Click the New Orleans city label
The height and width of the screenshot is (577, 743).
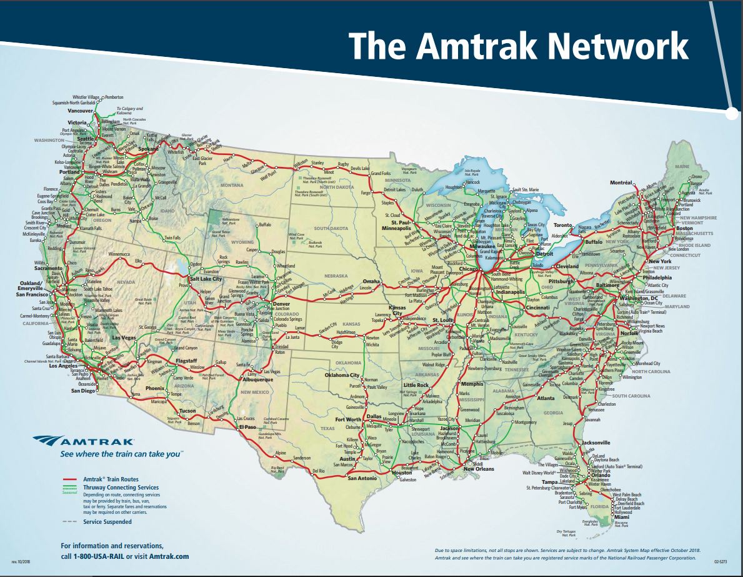478,469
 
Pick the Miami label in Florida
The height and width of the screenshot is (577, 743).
621,518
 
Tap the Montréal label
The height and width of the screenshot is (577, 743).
622,183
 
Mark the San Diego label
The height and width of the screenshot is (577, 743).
84,391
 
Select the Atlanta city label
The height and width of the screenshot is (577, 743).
545,398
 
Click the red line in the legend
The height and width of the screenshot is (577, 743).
71,479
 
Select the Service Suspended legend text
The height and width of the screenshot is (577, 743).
107,521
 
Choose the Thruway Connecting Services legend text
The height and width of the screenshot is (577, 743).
121,487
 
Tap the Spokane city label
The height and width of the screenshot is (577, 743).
148,150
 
